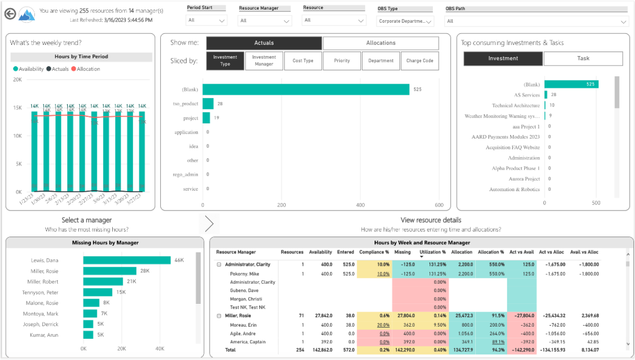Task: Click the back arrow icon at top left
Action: point(9,14)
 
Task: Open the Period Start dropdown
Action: point(206,21)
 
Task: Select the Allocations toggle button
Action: point(380,43)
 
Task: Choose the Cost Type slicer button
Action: point(303,61)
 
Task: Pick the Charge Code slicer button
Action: point(420,61)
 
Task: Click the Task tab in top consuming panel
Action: point(583,59)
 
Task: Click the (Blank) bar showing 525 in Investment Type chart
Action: point(306,89)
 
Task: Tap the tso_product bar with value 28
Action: point(208,104)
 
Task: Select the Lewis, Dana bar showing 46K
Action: point(126,260)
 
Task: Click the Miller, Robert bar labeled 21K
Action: point(103,282)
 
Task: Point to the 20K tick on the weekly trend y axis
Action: point(17,80)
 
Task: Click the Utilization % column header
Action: point(432,252)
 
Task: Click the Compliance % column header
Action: point(374,252)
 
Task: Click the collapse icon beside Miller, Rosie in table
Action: point(219,316)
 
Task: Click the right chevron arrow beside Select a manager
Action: point(209,224)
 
